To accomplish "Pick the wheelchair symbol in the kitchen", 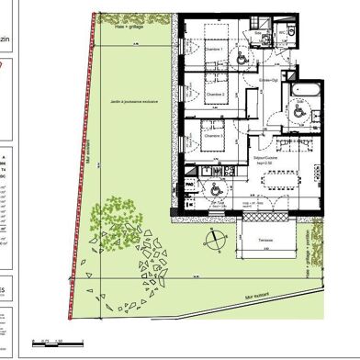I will (213, 187).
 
